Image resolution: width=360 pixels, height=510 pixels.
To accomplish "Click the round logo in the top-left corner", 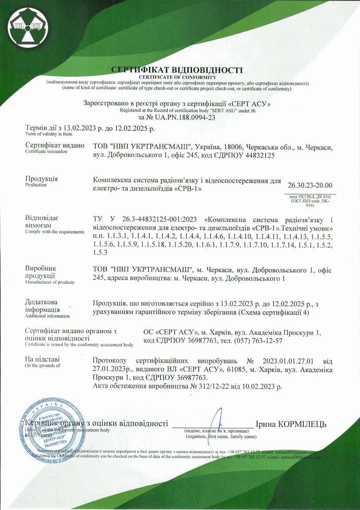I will click(26, 26).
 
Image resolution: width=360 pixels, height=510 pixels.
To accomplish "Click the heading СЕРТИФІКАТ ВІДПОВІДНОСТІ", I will click(177, 70).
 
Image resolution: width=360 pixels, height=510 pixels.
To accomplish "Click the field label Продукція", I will click(42, 179).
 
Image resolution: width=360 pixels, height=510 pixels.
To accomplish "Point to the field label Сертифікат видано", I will click(55, 145).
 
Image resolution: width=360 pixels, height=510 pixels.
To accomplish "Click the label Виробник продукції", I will click(41, 272).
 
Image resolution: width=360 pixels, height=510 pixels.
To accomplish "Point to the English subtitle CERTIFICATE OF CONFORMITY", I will click(177, 77).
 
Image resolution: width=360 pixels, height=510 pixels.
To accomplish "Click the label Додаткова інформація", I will click(43, 306).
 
